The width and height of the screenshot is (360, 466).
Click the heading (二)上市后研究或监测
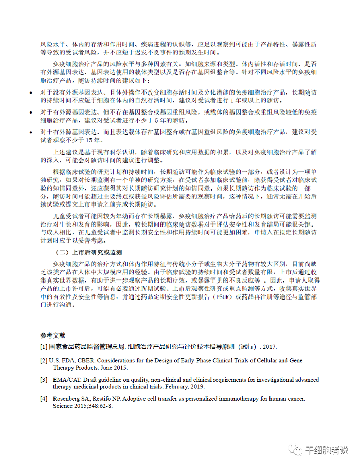(88, 252)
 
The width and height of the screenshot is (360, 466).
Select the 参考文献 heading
(53, 335)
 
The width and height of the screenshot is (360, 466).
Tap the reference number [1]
(44, 347)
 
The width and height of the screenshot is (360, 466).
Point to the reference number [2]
(44, 361)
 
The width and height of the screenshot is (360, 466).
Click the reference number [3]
(44, 380)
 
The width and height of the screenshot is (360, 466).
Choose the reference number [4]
(44, 399)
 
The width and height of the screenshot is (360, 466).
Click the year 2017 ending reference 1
(269, 347)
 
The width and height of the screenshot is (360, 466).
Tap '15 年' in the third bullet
(93, 140)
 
